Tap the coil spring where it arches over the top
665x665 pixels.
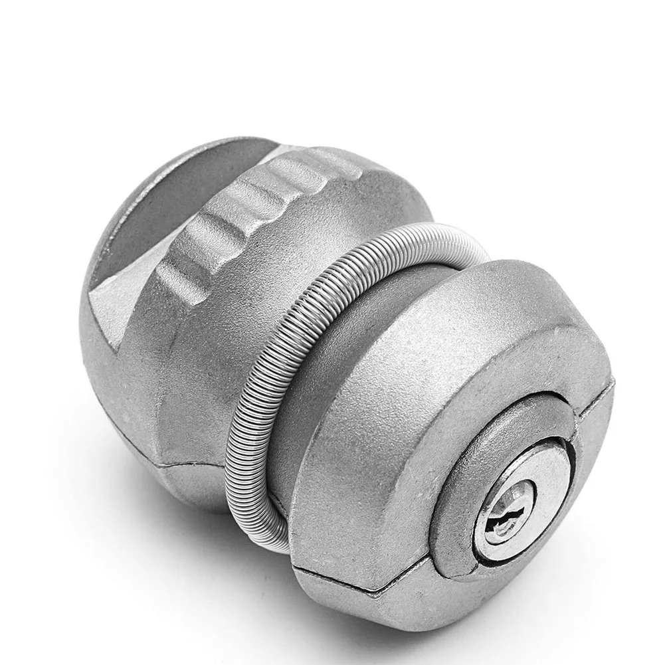(x=425, y=236)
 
